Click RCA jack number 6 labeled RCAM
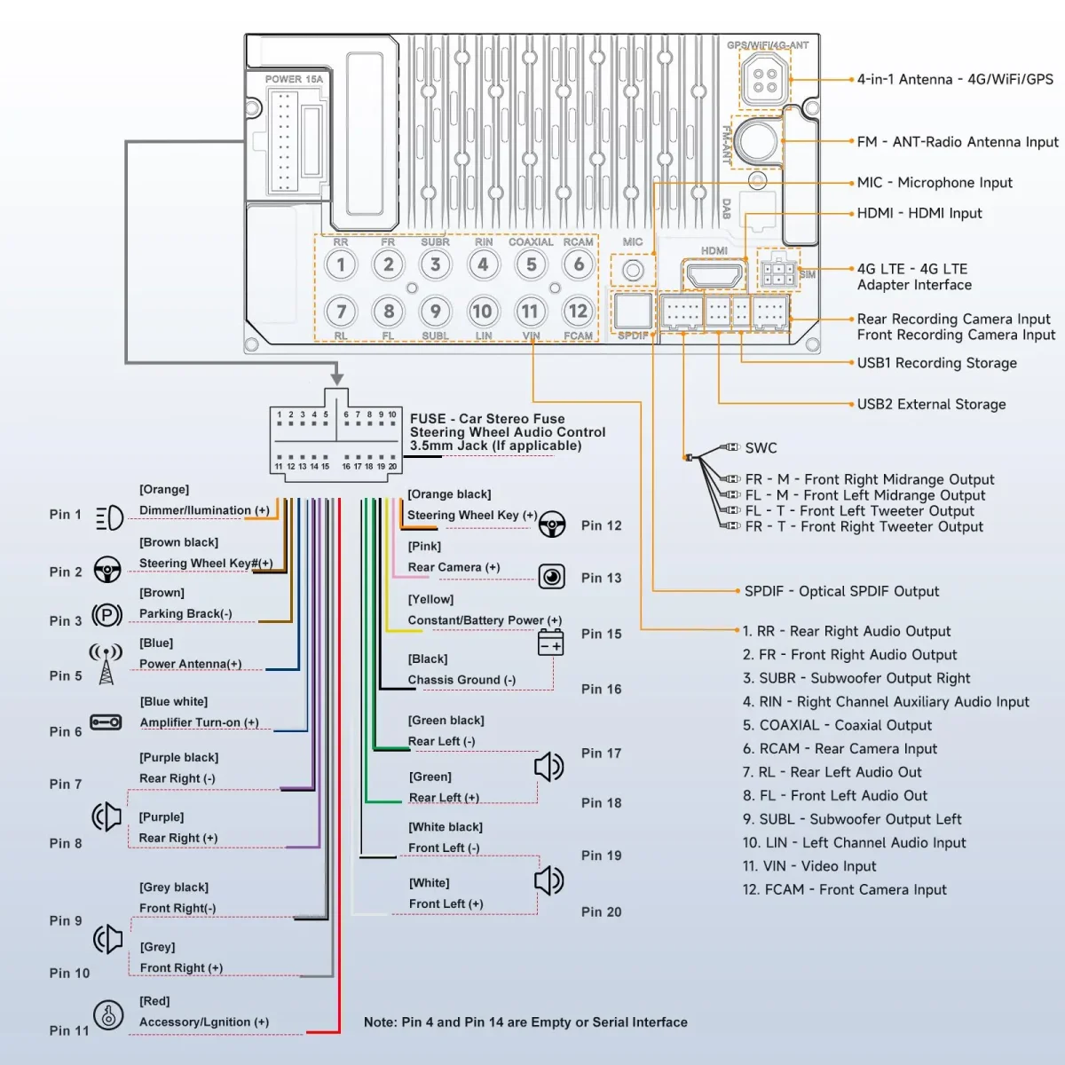coord(579,264)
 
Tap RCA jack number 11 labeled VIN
coord(530,312)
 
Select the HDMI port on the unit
coord(714,274)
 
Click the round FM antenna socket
coord(756,140)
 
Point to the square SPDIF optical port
coord(633,312)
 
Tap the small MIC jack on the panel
coord(633,270)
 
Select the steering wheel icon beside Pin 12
coord(552,525)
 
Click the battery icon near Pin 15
coord(551,642)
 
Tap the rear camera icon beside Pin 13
coord(552,577)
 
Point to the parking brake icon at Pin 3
coord(107,615)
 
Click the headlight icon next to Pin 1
coord(109,517)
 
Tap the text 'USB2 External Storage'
coord(931,405)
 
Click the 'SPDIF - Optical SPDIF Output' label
coord(841,592)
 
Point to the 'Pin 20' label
coord(601,912)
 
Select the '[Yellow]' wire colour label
coord(430,600)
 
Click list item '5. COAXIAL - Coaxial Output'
coord(837,726)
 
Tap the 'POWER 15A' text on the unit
coord(294,80)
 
